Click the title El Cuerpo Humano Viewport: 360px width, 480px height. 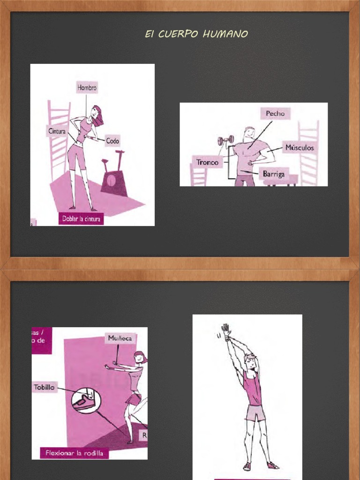pos(196,34)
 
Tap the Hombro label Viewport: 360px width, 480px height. pos(87,88)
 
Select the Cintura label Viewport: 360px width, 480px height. pos(56,132)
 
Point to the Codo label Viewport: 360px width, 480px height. pos(112,141)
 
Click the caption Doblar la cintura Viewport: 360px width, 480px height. pos(82,219)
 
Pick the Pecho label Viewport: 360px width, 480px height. pos(275,113)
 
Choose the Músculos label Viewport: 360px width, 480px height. pos(300,148)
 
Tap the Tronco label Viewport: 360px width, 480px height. pos(207,163)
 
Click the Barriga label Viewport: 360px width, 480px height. pos(274,174)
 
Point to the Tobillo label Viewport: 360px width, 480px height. pos(45,387)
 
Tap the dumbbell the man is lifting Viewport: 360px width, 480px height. pos(225,140)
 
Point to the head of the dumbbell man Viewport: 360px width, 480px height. pos(249,133)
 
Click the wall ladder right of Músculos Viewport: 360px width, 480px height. pos(309,152)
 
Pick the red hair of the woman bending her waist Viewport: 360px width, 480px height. pos(98,116)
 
